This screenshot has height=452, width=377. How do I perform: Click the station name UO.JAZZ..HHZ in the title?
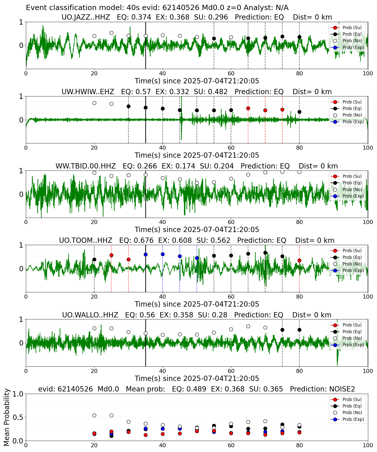click(x=86, y=17)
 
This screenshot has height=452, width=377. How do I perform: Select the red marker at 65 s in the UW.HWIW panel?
click(x=248, y=108)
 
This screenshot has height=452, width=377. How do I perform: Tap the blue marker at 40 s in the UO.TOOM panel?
click(x=163, y=254)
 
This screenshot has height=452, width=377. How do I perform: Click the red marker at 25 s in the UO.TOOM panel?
click(x=111, y=255)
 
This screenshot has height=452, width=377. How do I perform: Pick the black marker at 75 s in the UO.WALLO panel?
click(x=282, y=330)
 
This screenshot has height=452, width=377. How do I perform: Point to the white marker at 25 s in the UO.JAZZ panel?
click(x=111, y=33)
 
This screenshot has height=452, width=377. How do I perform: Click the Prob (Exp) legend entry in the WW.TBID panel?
click(x=347, y=196)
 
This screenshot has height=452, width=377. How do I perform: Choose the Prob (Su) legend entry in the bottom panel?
click(x=347, y=399)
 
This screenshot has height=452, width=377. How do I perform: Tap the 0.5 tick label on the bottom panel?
click(x=18, y=417)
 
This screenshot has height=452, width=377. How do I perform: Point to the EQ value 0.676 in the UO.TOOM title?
click(x=144, y=240)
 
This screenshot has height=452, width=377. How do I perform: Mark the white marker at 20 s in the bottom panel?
click(x=94, y=415)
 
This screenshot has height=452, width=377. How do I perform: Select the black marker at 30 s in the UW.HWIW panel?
click(x=128, y=106)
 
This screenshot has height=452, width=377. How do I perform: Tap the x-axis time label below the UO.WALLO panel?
click(x=197, y=378)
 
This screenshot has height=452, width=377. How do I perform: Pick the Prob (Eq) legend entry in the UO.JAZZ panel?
click(x=347, y=34)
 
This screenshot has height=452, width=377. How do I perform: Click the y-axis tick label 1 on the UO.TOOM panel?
click(x=21, y=245)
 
